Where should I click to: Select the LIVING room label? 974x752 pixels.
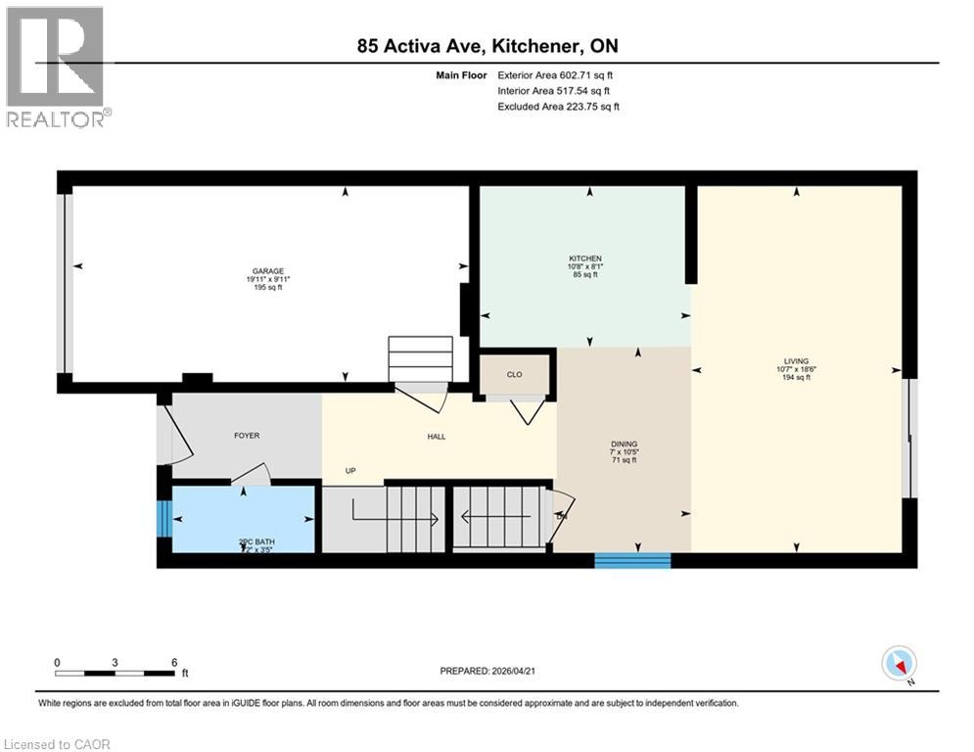pyautogui.click(x=795, y=360)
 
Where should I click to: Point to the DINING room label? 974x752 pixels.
pyautogui.click(x=624, y=445)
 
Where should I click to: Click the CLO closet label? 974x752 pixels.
pyautogui.click(x=515, y=374)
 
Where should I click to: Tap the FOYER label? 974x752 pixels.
pyautogui.click(x=246, y=435)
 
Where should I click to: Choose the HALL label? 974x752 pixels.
pyautogui.click(x=437, y=436)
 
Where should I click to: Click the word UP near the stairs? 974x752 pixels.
pyautogui.click(x=349, y=470)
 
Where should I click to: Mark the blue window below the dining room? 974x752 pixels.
pyautogui.click(x=632, y=561)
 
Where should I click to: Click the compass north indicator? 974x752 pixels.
pyautogui.click(x=898, y=665)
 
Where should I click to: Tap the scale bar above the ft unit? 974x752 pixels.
pyautogui.click(x=116, y=673)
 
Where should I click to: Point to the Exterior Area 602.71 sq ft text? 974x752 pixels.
pyautogui.click(x=555, y=74)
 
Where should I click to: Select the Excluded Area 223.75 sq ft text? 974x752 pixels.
pyautogui.click(x=558, y=107)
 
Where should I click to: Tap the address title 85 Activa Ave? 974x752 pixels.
pyautogui.click(x=486, y=46)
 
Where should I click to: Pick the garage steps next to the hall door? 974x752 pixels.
pyautogui.click(x=421, y=359)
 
